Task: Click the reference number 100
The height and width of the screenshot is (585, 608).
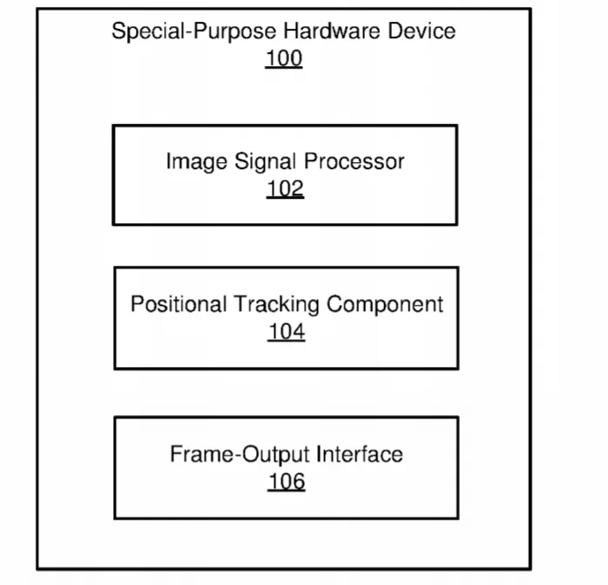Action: click(284, 58)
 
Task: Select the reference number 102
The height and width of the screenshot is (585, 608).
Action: click(285, 189)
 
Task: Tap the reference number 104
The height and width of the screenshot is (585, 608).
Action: click(287, 332)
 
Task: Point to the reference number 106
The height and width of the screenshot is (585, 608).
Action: click(287, 482)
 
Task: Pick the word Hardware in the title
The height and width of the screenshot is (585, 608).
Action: click(332, 31)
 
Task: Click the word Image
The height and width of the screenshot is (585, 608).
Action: click(197, 162)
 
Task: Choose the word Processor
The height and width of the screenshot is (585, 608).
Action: click(354, 161)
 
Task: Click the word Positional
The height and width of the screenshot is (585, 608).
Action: click(179, 304)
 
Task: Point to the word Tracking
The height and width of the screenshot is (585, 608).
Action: click(276, 305)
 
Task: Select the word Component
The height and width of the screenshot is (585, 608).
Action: click(385, 305)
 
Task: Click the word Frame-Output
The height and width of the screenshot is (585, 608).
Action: click(240, 455)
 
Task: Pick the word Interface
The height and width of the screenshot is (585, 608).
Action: click(360, 454)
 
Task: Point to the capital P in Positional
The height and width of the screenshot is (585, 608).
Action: click(138, 304)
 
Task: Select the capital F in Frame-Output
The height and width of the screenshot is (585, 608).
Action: click(177, 454)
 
